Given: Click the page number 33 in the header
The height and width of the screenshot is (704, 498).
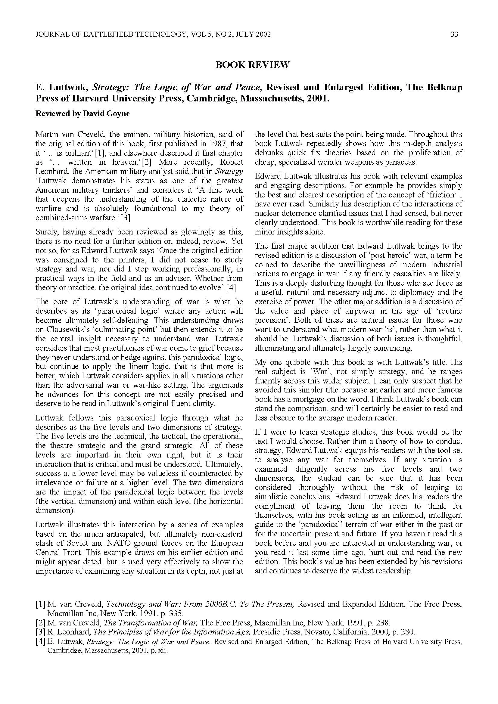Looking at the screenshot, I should [x=454, y=35].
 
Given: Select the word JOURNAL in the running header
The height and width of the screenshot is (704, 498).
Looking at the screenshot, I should [x=51, y=35].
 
